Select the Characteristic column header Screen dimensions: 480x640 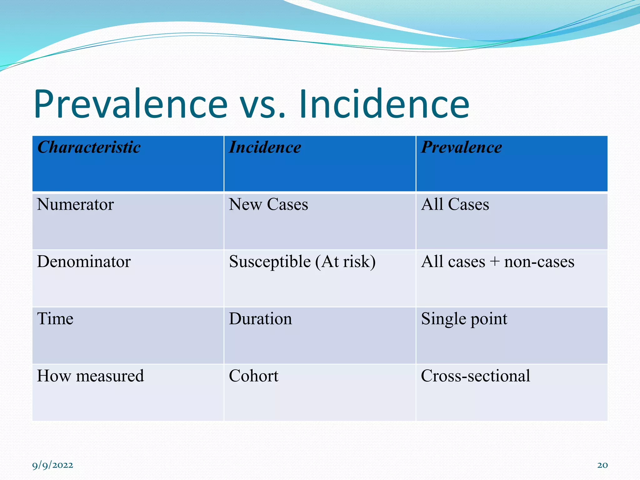pos(89,147)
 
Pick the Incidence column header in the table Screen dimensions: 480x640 pos(265,147)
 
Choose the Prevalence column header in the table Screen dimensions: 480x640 pos(461,147)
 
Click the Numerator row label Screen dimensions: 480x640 pos(75,205)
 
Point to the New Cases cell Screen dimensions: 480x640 pos(268,205)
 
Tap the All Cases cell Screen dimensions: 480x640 pos(455,205)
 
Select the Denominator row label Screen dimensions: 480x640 pos(84,262)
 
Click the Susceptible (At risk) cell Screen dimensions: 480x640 pos(302,262)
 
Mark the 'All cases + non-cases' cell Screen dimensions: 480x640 pos(497,262)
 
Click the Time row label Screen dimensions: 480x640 pos(55,319)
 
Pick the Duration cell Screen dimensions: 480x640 pos(260,319)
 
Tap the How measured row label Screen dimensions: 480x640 pos(90,376)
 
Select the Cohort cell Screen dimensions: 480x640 pos(253,376)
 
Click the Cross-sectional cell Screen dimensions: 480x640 pos(475,376)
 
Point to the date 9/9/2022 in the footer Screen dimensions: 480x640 pos(52,465)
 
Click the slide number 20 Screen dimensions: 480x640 pos(602,465)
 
